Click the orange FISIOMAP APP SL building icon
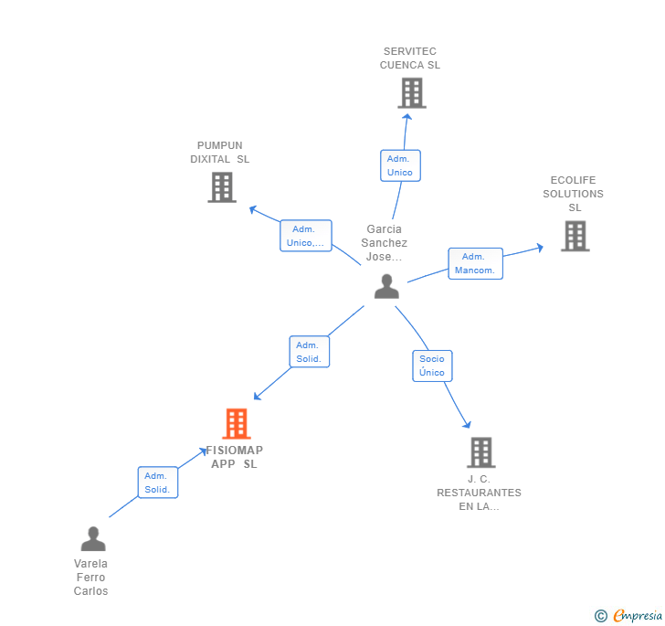point(237,424)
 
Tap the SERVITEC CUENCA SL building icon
point(412,93)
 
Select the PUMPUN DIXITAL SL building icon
point(222,187)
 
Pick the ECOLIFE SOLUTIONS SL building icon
point(575,236)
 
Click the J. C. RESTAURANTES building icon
point(480,452)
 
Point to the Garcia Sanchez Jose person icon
point(386,287)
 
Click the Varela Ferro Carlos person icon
point(92,539)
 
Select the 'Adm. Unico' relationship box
point(400,165)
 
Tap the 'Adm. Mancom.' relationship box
point(475,263)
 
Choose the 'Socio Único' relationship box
point(432,366)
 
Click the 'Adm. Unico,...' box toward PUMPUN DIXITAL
point(305,236)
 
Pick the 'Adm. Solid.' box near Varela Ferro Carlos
point(157,483)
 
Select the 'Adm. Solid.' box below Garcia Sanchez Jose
point(309,352)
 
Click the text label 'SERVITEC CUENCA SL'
point(410,58)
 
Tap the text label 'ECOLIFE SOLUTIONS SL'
point(574,194)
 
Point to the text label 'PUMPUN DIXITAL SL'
point(220,153)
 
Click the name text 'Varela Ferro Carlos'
point(91,578)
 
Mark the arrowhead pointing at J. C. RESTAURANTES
point(468,424)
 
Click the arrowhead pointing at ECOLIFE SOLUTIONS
point(540,247)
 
